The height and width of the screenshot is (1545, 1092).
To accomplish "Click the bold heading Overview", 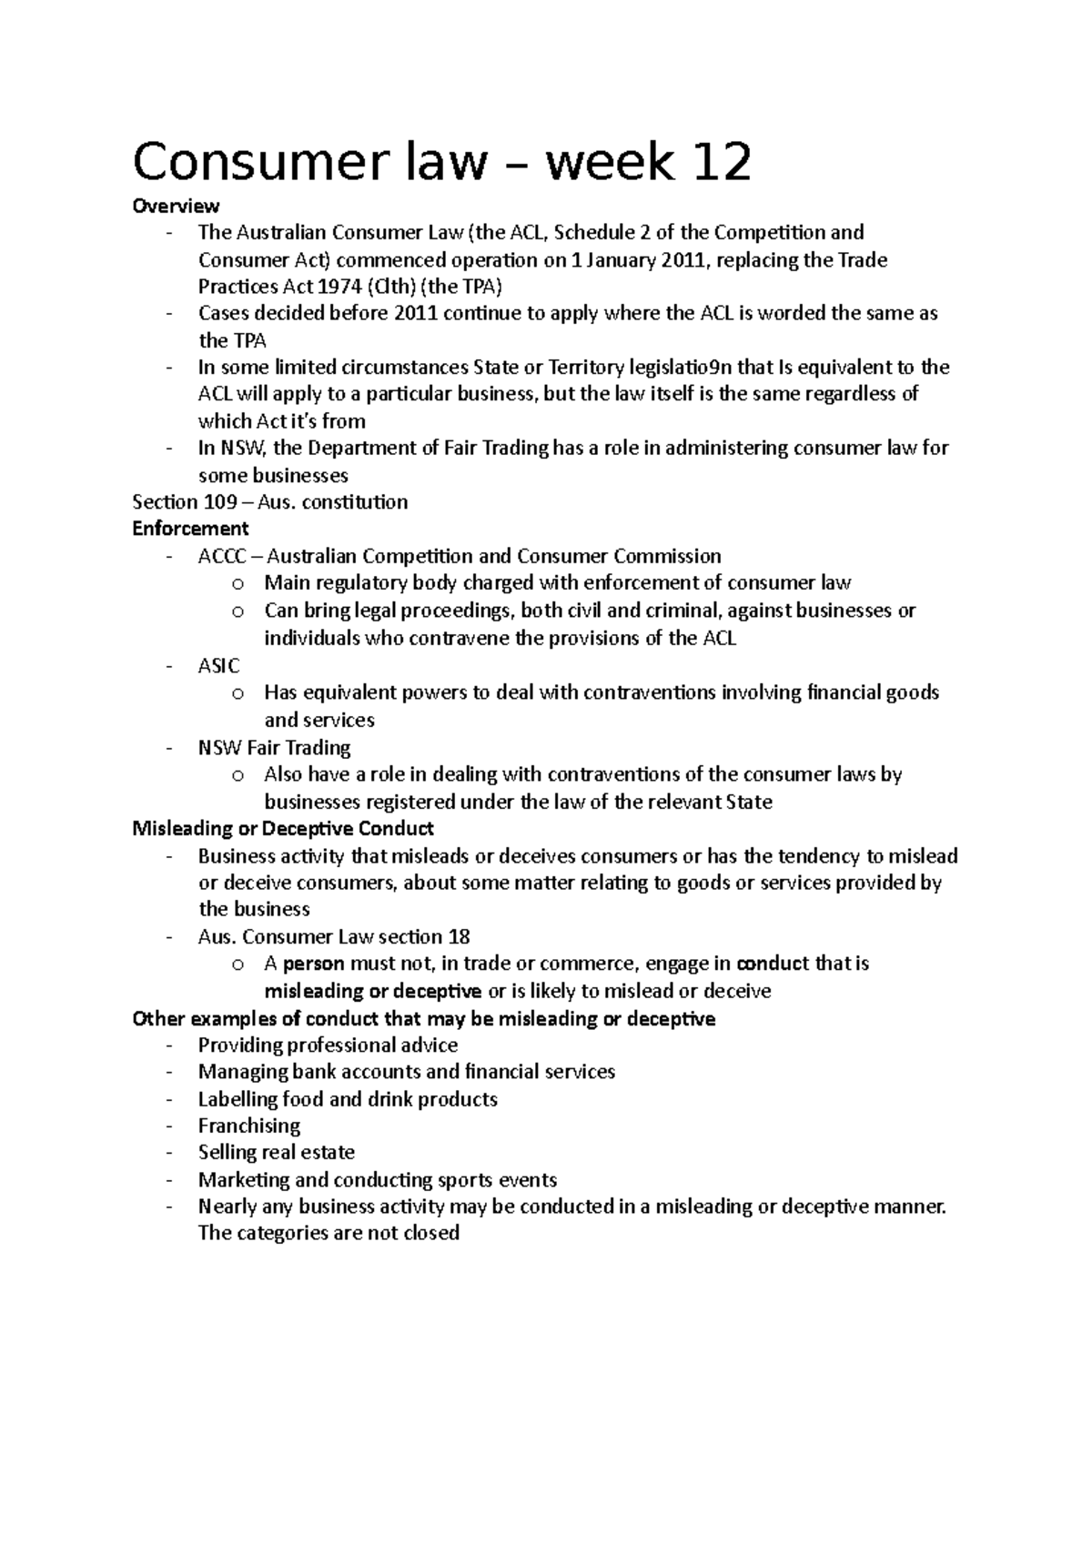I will [176, 207].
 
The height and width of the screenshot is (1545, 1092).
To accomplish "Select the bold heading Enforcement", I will [190, 529].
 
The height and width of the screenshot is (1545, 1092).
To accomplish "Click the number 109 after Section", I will [221, 502].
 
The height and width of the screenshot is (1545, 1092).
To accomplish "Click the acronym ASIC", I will [218, 665].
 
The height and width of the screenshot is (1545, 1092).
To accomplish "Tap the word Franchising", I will [248, 1126].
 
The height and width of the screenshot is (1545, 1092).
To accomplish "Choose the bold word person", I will [314, 964].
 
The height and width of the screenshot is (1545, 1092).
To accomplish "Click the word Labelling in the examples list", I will [238, 1099].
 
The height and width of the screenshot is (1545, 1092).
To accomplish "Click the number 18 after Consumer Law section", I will [459, 936].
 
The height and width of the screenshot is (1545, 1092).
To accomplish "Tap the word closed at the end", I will [428, 1234].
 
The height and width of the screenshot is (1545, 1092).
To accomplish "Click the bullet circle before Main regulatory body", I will [238, 584].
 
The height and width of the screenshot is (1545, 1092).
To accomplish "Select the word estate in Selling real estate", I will [327, 1153].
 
